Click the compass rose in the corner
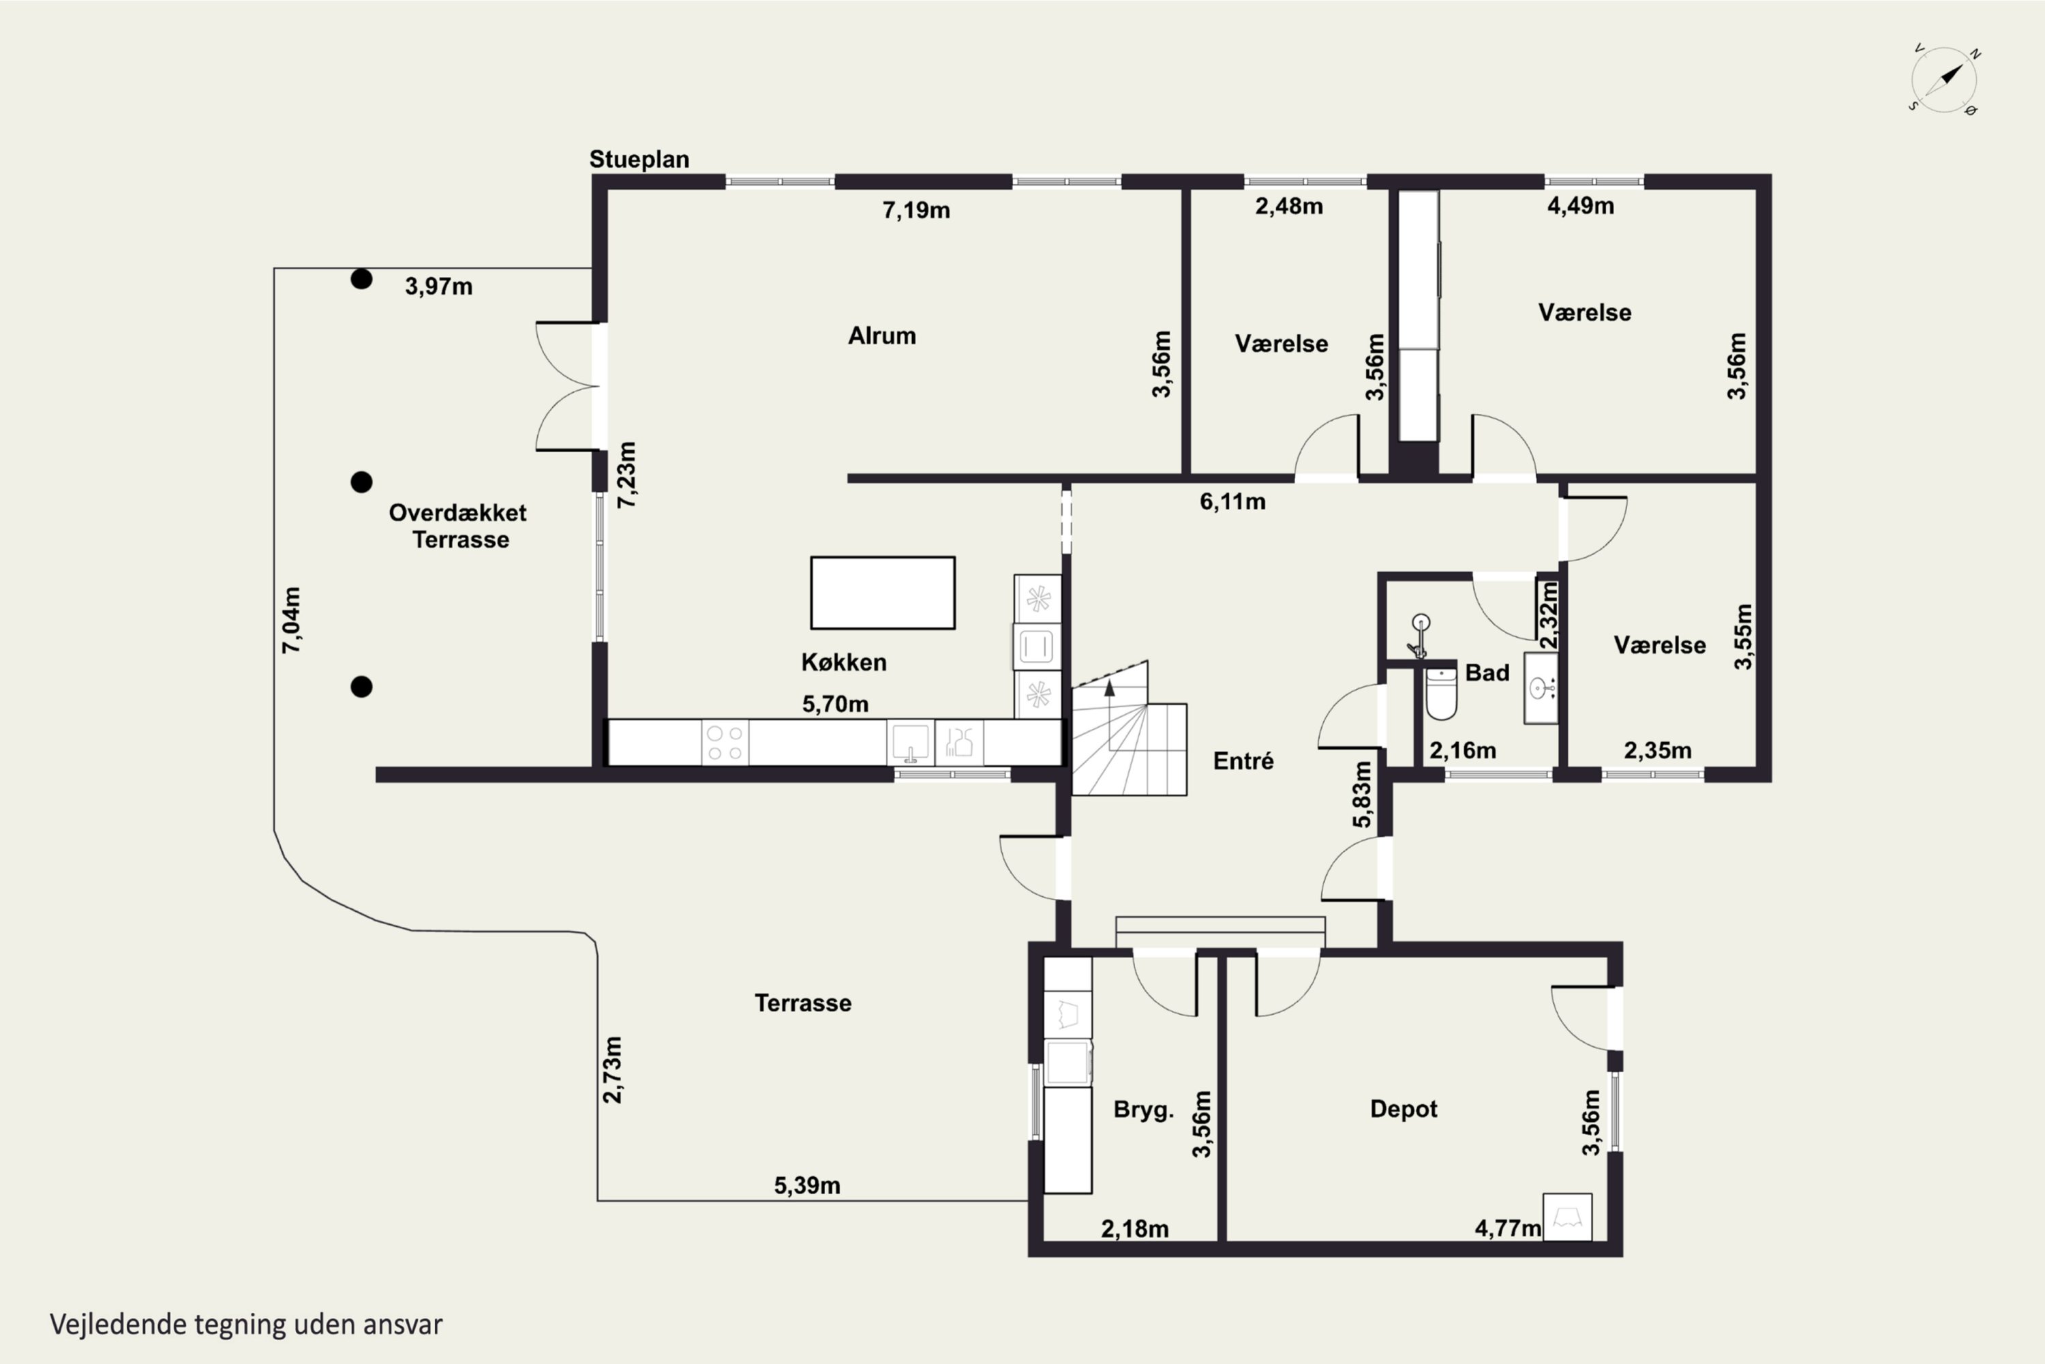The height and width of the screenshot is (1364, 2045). click(1945, 80)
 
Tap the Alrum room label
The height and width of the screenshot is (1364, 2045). click(881, 336)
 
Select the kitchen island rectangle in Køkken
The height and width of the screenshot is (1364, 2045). click(883, 593)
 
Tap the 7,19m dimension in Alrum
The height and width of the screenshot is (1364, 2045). click(916, 211)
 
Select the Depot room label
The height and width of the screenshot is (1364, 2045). click(1404, 1109)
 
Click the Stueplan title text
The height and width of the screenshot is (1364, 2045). click(639, 159)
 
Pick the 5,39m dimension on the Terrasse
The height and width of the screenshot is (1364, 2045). click(807, 1186)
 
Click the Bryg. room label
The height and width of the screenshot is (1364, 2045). click(1143, 1110)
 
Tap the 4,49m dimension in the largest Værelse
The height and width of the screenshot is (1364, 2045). click(1580, 206)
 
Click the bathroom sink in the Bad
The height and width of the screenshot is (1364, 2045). click(1540, 688)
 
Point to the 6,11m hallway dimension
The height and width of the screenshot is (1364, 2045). click(1232, 502)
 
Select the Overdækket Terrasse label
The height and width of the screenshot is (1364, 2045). click(458, 527)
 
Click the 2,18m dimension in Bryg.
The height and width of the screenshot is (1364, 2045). click(1135, 1229)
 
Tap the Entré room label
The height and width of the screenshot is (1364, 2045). click(1243, 761)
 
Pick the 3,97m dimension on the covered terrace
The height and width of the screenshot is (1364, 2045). click(438, 286)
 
